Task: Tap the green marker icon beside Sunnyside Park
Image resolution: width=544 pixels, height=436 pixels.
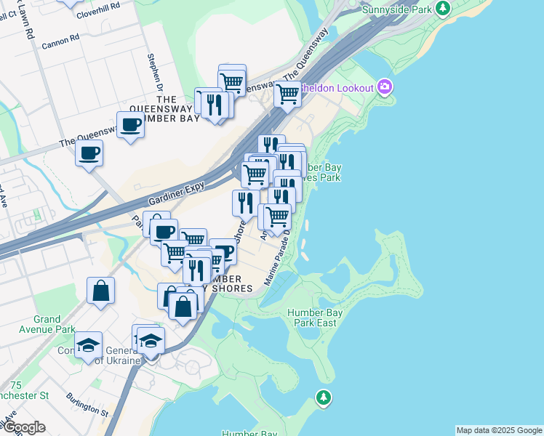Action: tap(443, 9)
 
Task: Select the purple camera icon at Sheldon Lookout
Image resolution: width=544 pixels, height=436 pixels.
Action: tap(385, 88)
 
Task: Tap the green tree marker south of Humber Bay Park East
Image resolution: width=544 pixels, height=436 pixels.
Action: tap(323, 397)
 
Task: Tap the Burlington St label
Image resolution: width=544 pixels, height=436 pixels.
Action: tap(87, 404)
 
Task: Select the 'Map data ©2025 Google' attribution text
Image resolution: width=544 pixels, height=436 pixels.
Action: tap(499, 430)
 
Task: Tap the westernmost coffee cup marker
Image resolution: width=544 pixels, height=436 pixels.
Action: tap(89, 153)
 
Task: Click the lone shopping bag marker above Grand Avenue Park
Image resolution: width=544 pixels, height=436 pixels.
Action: tap(100, 290)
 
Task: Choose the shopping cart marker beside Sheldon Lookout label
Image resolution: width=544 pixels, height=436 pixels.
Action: tap(287, 94)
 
